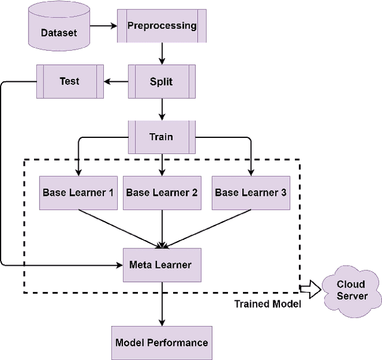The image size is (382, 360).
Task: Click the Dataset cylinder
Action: (x=59, y=29)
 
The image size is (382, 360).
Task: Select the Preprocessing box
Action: (x=162, y=26)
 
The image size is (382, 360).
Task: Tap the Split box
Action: (x=161, y=81)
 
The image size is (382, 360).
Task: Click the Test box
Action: (x=69, y=81)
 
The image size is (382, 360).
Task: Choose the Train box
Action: (x=161, y=137)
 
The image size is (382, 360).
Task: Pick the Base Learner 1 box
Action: (x=78, y=192)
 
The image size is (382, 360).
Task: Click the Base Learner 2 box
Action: (x=162, y=192)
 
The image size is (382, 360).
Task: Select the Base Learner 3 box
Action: (x=250, y=192)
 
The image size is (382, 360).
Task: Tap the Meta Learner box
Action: (x=161, y=264)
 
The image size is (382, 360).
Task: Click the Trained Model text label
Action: (x=267, y=304)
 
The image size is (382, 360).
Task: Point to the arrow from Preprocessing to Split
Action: (x=161, y=54)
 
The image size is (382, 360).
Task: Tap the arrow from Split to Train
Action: (x=161, y=109)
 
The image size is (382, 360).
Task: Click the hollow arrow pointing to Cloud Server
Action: (x=309, y=291)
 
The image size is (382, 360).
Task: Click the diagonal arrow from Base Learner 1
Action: (x=119, y=228)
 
